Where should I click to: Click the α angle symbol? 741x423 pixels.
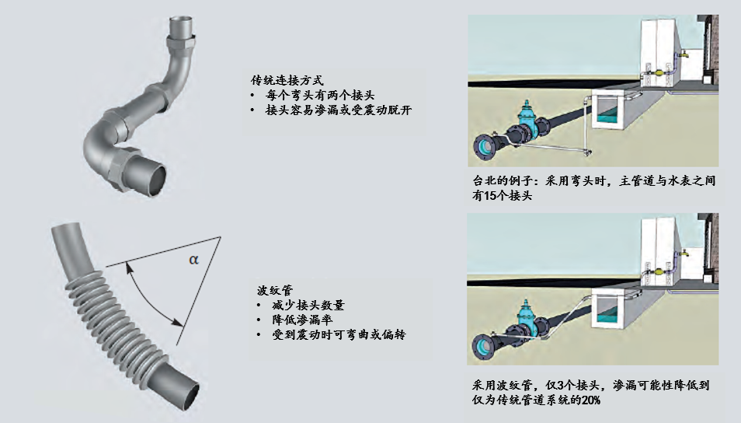[193, 260]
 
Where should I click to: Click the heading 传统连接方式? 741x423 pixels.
[287, 80]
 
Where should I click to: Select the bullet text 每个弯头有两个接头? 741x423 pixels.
[320, 95]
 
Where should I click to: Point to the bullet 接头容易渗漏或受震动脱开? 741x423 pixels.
[339, 110]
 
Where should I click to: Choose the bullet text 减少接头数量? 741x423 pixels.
[308, 305]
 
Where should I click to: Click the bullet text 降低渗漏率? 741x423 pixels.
[302, 320]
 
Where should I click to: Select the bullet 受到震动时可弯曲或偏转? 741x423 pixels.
[339, 335]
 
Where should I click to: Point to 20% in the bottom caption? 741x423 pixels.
[591, 400]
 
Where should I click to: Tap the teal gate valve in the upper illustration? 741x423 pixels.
[526, 119]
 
